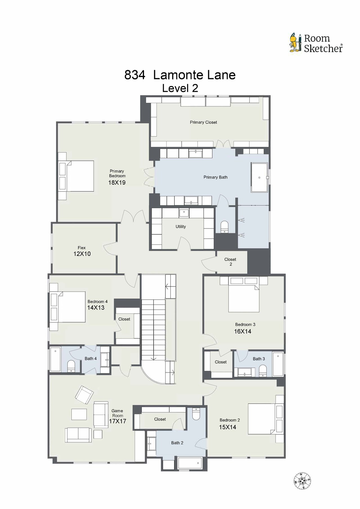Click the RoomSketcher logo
316,43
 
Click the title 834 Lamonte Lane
180,75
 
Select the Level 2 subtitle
180,88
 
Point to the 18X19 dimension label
117,183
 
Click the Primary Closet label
203,122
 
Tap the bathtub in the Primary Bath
259,177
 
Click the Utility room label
181,227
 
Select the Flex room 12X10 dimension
82,254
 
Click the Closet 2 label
230,262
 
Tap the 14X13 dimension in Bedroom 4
96,307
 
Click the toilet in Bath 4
71,366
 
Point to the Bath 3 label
259,359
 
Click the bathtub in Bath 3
278,364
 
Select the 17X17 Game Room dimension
117,421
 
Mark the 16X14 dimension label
243,331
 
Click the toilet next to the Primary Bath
224,227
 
